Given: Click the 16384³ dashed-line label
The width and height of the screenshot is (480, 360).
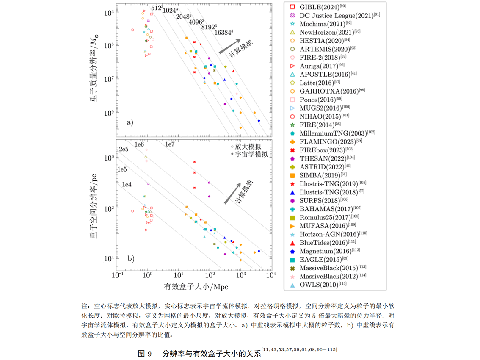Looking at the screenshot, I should pos(223,32).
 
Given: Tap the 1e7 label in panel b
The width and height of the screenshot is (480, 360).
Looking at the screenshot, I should pos(170,144).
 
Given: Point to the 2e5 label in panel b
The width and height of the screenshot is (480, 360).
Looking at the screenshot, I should pos(123,150).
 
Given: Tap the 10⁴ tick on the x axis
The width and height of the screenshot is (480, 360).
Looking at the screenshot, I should pos(270,276).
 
